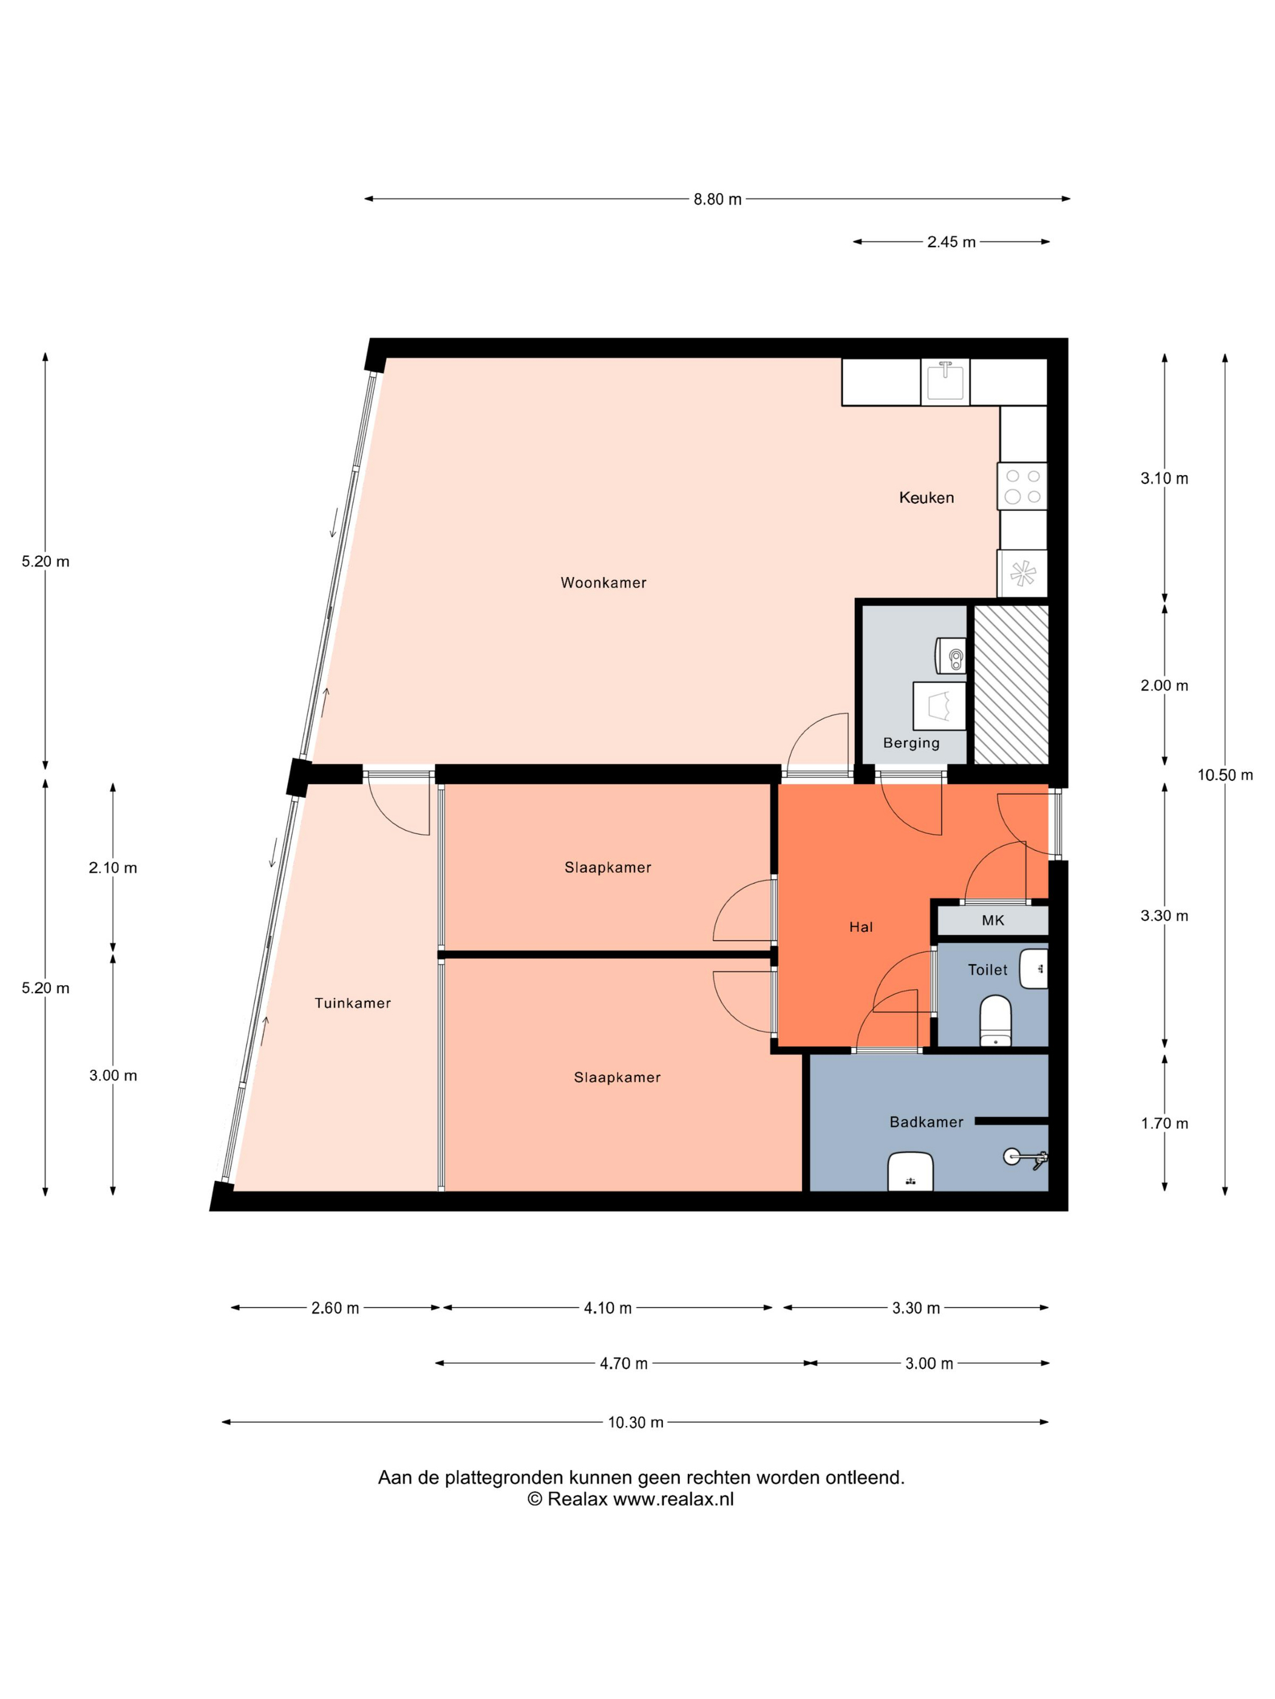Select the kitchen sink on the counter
[x=945, y=382]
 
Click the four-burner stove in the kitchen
[x=1022, y=486]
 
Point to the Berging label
[x=911, y=743]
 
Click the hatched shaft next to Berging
[x=1011, y=684]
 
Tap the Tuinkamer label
[x=353, y=1003]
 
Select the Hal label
[x=861, y=927]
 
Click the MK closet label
[x=992, y=920]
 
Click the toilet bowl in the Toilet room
[x=995, y=1020]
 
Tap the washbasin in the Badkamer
[x=910, y=1171]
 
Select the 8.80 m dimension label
[x=717, y=200]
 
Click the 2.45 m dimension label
[x=951, y=242]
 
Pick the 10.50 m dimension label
[x=1225, y=775]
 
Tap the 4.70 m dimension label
[x=624, y=1363]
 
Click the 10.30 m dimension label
[x=636, y=1422]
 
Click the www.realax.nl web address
[x=673, y=1499]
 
